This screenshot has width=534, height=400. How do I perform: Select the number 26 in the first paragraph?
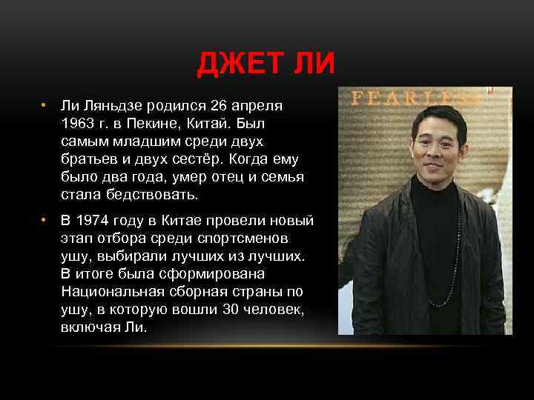point(218,105)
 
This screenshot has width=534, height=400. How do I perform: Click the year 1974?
point(98,221)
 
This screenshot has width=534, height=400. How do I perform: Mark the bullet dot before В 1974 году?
point(44,221)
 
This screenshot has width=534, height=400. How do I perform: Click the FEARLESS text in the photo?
point(415,97)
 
